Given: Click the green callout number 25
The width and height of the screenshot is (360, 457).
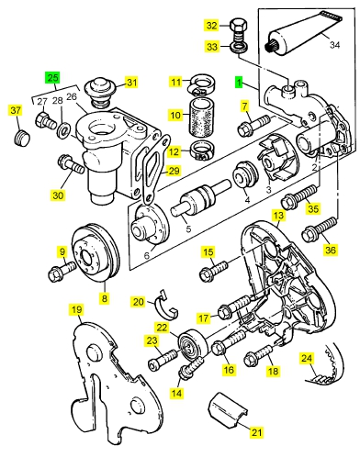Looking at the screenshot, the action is [x=52, y=77].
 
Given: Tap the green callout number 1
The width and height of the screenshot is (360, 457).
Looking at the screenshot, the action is [x=239, y=83].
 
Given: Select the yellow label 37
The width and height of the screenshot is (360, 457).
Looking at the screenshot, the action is [x=16, y=110].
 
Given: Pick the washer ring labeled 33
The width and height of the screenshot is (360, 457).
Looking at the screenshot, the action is [x=239, y=48].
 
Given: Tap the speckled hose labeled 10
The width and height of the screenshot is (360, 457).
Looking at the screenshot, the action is [x=202, y=117].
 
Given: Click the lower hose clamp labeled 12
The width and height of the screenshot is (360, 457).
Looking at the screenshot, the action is [x=202, y=150].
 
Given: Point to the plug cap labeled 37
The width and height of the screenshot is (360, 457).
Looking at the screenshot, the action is [x=21, y=138].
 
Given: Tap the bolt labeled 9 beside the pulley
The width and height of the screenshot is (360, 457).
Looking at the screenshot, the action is [x=62, y=271].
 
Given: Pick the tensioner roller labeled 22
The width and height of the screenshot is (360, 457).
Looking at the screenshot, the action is [x=193, y=344].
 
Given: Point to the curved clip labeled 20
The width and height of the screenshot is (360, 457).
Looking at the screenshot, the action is [x=167, y=306].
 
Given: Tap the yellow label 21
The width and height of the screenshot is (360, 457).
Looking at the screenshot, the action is [x=257, y=432].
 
